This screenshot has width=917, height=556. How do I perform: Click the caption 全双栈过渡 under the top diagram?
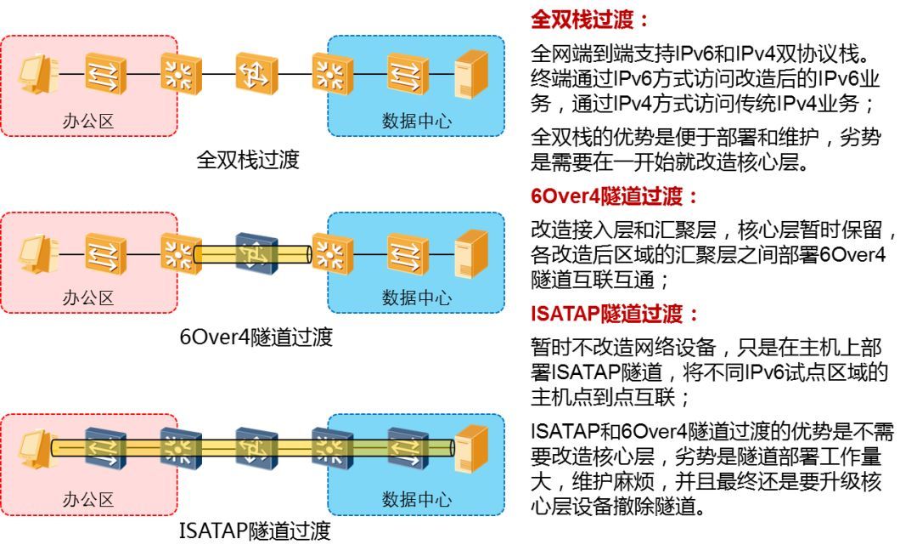click(x=248, y=160)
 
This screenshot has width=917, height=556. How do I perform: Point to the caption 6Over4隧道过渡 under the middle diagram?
click(x=256, y=337)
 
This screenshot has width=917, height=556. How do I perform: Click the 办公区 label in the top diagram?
click(x=88, y=121)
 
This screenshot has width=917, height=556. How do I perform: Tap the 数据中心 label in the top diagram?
click(x=416, y=121)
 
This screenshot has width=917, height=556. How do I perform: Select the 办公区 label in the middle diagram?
click(x=88, y=298)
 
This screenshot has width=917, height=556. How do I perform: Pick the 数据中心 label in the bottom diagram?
click(x=416, y=498)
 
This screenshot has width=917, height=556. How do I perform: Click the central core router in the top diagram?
click(x=256, y=74)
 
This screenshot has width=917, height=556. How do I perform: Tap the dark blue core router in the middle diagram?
click(x=256, y=252)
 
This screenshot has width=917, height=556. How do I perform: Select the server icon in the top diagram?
click(x=471, y=74)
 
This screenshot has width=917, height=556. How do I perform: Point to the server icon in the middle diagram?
click(x=471, y=252)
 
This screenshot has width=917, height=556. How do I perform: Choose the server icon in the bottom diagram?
click(x=471, y=447)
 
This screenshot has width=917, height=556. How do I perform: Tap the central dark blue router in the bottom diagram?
click(x=256, y=447)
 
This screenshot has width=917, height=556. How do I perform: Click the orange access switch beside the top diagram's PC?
click(x=105, y=74)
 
